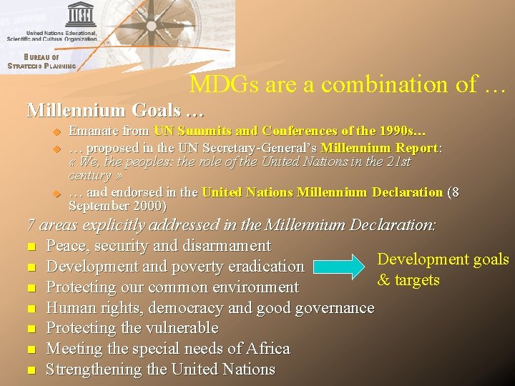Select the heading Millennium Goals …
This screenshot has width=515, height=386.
(x=115, y=111)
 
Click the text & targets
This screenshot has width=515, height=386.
(x=408, y=279)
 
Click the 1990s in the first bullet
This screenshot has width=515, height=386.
(x=407, y=131)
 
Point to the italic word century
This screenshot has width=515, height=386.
(x=89, y=176)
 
